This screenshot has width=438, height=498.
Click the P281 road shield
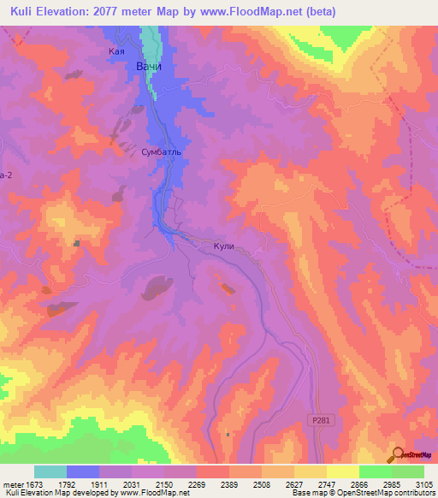coord(319,420)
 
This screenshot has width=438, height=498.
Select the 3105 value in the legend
coord(423,484)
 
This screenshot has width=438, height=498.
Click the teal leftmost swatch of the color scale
coord(50,471)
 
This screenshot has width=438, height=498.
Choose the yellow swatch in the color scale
coord(342,471)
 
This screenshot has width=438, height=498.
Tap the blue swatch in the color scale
coord(83,471)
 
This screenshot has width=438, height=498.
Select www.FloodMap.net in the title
coord(257,11)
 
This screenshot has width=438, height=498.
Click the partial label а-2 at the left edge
coord(6,174)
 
